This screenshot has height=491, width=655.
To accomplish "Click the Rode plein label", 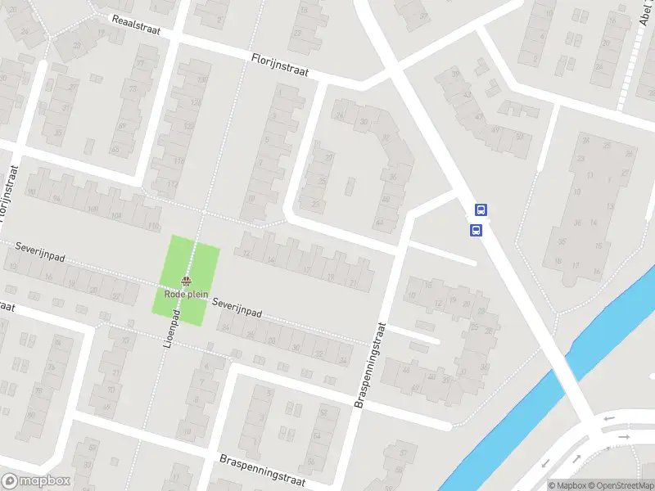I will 185,294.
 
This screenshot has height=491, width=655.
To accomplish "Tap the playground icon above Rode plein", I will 186,282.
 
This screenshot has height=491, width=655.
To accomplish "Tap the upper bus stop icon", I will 481,209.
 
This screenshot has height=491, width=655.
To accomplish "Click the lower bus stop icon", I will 476,231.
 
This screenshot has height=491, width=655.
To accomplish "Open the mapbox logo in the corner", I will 34,482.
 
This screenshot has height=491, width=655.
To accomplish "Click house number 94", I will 56,199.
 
